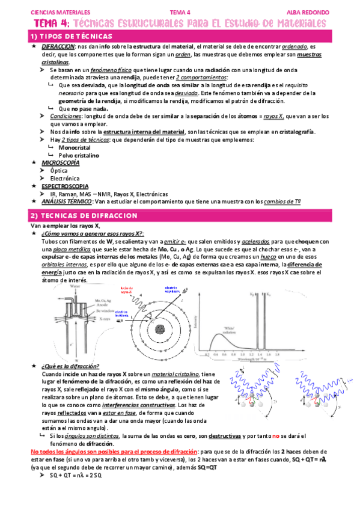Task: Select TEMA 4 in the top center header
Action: pyautogui.click(x=179, y=11)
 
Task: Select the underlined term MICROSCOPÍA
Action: pyautogui.click(x=59, y=162)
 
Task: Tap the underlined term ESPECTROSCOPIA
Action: pyautogui.click(x=63, y=186)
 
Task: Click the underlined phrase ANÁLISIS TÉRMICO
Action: pyautogui.click(x=63, y=201)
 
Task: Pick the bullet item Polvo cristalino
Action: pyautogui.click(x=82, y=155)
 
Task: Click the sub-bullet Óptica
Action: pyautogui.click(x=59, y=170)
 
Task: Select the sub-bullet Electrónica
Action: pyautogui.click(x=64, y=178)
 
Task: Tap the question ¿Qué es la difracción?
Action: pyautogui.click(x=70, y=366)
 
